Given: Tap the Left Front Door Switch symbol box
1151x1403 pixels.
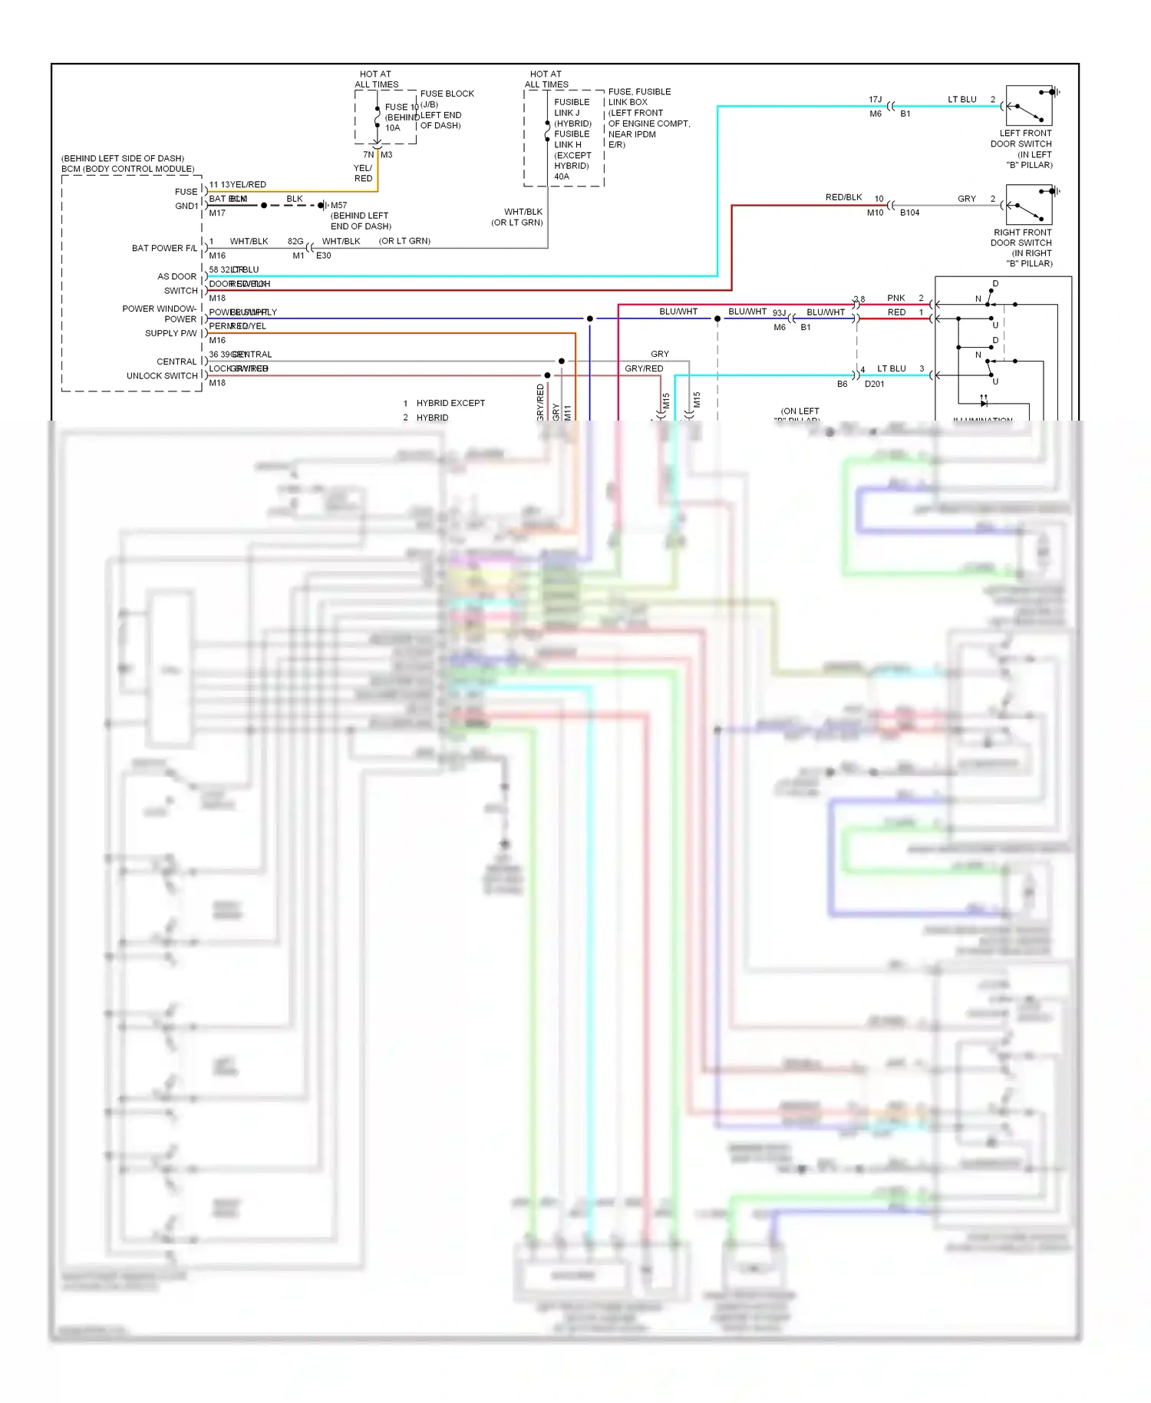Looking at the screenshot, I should (1028, 106).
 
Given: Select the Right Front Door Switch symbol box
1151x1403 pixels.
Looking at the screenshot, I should (1028, 205).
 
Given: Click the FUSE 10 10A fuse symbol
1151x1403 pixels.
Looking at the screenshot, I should (377, 117).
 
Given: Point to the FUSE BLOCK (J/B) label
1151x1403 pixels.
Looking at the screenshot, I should (447, 98).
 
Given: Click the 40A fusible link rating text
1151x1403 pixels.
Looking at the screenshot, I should (562, 177).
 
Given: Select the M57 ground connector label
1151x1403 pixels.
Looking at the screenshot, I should (338, 206).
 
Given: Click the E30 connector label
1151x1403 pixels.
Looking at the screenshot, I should (323, 256).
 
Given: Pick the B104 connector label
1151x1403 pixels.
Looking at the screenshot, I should (909, 213).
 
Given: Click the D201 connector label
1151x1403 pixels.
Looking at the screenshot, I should (874, 384).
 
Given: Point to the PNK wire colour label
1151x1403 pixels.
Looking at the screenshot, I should (895, 298).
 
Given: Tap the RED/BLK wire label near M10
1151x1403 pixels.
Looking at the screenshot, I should (843, 197).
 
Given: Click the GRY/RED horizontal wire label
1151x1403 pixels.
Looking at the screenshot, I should (643, 368).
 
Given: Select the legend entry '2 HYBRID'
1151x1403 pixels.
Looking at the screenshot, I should (426, 418).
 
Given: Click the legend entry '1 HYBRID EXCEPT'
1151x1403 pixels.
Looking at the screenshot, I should (444, 403).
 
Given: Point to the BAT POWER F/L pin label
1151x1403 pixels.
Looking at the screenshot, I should (163, 248).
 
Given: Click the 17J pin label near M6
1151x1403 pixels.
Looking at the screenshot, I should (875, 100).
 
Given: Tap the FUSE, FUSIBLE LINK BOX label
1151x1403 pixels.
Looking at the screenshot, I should (638, 97).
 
